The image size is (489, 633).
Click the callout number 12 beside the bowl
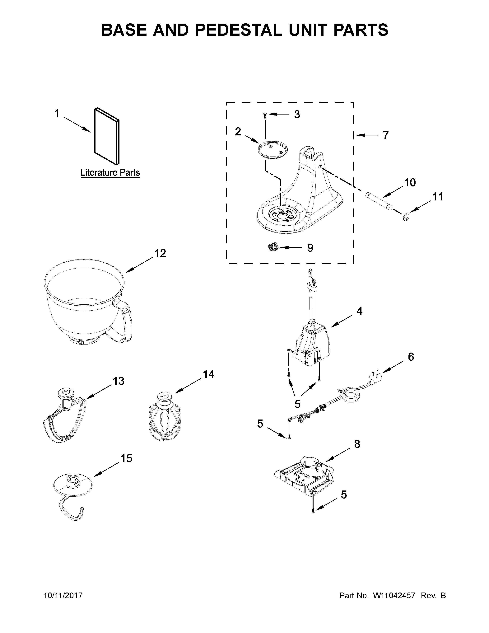(x=160, y=253)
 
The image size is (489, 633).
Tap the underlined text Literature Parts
(x=110, y=173)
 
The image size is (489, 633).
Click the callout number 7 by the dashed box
(x=385, y=135)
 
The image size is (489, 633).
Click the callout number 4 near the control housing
(x=359, y=311)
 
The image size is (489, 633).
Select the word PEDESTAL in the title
(x=239, y=30)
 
